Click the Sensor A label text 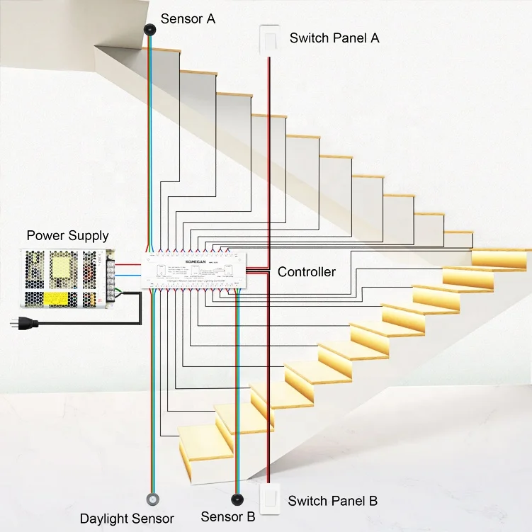[188, 19]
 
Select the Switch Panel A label [334, 38]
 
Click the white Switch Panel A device [268, 40]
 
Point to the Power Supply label [68, 235]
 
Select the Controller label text [306, 272]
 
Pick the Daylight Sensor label [126, 519]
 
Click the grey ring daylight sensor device [152, 499]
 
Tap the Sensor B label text [227, 517]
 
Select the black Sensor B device [237, 499]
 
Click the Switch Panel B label [332, 502]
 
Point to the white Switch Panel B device [270, 499]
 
